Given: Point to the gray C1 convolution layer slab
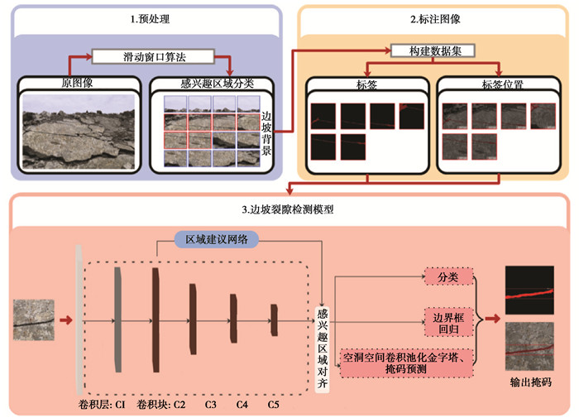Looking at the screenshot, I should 117,320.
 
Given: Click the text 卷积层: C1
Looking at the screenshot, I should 102,405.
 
